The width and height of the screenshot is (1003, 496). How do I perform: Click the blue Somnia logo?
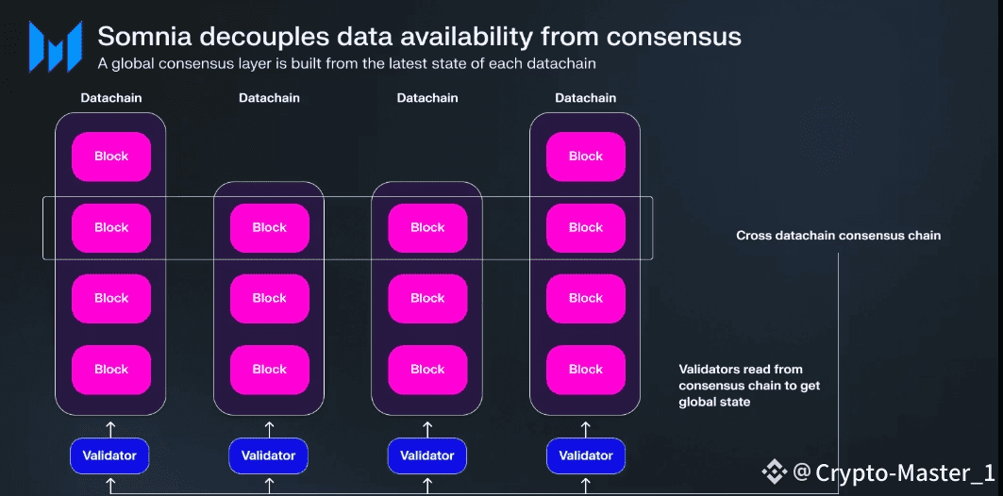[x=54, y=46]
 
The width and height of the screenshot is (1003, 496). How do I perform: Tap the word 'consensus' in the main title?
[x=674, y=37]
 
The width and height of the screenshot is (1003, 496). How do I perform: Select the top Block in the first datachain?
[x=111, y=157]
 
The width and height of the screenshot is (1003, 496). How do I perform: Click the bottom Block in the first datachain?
[x=111, y=370]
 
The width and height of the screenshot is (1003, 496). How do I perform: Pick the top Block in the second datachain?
[x=269, y=227]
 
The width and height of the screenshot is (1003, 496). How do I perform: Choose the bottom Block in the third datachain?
[x=427, y=370]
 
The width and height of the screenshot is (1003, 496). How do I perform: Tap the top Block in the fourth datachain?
[x=585, y=157]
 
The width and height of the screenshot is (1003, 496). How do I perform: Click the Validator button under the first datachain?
[x=110, y=456]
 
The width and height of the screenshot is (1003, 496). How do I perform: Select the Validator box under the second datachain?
[x=269, y=456]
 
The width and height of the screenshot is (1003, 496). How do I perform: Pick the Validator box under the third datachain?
[x=427, y=456]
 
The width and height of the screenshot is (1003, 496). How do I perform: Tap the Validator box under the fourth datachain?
[x=585, y=456]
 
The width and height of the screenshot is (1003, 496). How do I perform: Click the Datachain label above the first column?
[x=111, y=98]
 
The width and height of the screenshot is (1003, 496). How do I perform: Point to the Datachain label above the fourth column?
[x=585, y=98]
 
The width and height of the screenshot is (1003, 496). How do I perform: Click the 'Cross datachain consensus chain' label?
[x=838, y=236]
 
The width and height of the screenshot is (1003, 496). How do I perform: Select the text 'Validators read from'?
[x=741, y=370]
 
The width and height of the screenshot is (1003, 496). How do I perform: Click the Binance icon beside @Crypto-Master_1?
[x=776, y=471]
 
